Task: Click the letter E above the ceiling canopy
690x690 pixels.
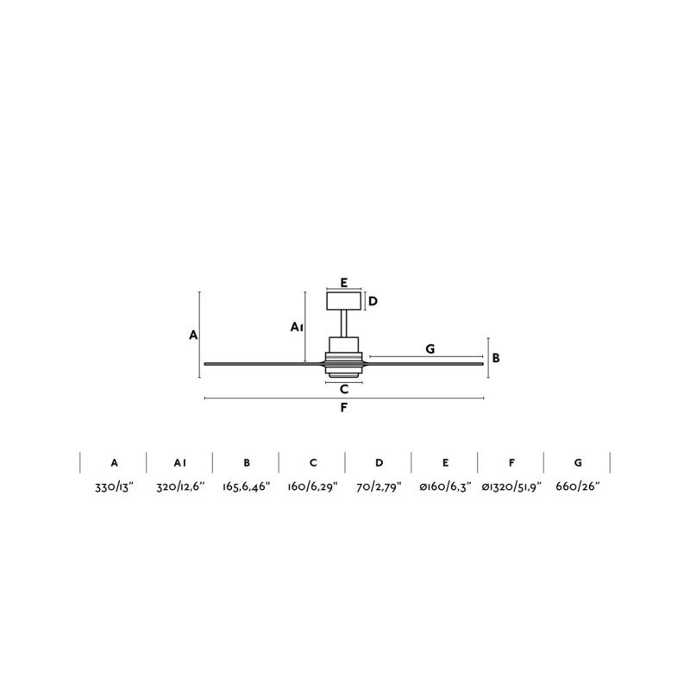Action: click(x=344, y=283)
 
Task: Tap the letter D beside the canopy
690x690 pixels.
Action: click(x=373, y=301)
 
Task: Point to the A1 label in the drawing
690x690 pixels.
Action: click(x=297, y=327)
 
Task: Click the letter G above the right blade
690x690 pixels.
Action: click(x=430, y=349)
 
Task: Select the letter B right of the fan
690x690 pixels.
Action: click(x=496, y=358)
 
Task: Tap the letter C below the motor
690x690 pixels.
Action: click(x=344, y=390)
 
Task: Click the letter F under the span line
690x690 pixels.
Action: click(x=343, y=408)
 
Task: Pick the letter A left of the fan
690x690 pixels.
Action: click(x=193, y=336)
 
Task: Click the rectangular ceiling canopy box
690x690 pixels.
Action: click(x=343, y=301)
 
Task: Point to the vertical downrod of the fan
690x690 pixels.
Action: click(x=344, y=324)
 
